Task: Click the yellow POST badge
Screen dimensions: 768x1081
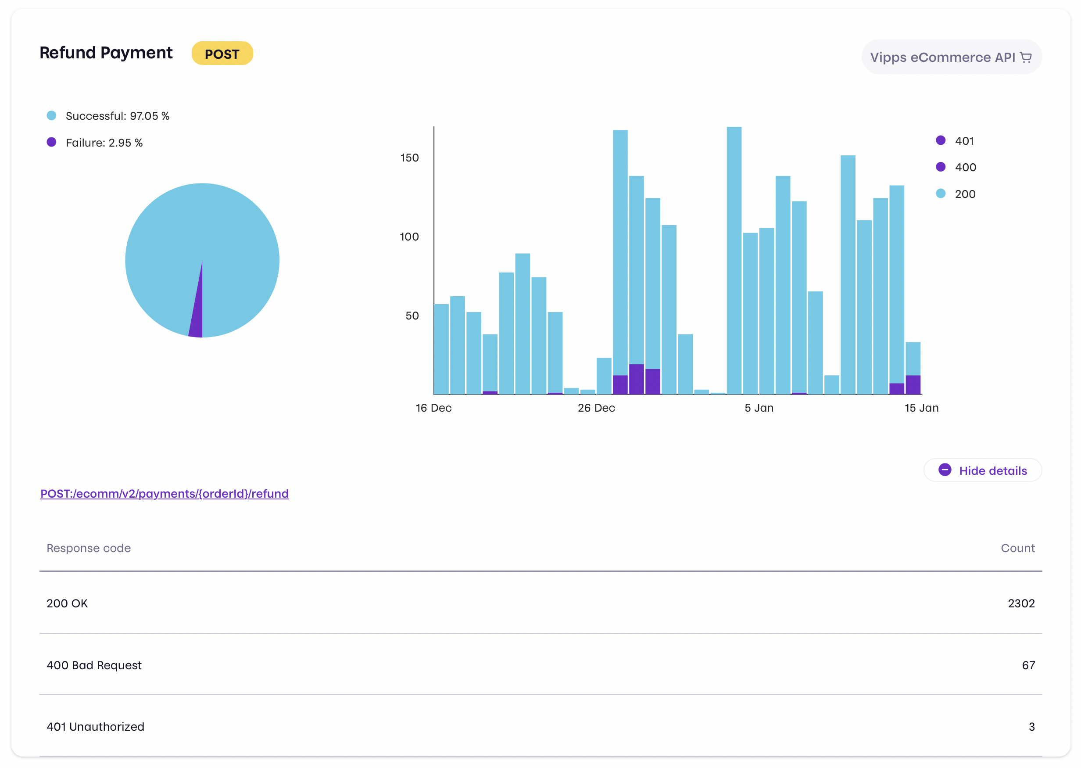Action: (x=222, y=54)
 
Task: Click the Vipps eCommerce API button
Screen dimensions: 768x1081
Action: (x=951, y=57)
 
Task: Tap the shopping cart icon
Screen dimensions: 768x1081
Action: (x=1025, y=57)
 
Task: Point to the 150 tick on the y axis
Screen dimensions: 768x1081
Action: (x=409, y=158)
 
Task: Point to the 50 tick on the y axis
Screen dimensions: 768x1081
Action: (x=412, y=316)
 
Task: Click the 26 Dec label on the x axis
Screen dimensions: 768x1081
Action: (x=596, y=408)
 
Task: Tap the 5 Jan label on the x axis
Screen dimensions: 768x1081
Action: (x=759, y=408)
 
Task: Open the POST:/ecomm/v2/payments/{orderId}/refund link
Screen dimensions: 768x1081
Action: (x=164, y=494)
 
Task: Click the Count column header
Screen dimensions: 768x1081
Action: (x=1017, y=548)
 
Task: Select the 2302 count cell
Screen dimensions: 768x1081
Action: (x=1020, y=603)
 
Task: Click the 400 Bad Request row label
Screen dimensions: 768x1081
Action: (x=94, y=665)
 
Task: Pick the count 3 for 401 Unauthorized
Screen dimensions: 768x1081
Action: (x=1031, y=727)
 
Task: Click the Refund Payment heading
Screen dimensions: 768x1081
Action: (x=106, y=53)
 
